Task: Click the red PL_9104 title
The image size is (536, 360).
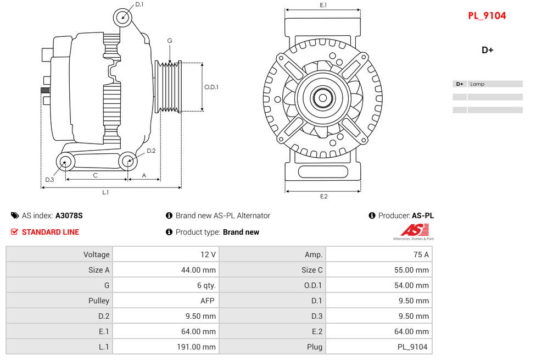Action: (487, 16)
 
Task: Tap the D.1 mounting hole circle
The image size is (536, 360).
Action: (123, 17)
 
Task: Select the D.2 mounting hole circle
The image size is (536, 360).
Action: (128, 161)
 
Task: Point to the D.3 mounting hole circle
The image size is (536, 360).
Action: (66, 162)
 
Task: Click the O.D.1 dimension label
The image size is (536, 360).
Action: (211, 87)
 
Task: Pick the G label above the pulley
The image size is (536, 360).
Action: (170, 41)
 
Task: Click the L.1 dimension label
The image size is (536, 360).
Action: (105, 192)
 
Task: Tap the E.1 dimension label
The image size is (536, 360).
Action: (323, 5)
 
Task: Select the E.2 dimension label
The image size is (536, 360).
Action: (323, 196)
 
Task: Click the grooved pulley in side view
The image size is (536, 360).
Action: (169, 87)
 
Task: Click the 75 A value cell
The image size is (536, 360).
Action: (378, 254)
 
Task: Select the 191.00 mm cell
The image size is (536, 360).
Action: (165, 347)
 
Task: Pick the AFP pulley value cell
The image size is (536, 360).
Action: (165, 301)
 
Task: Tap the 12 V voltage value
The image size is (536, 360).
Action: (165, 254)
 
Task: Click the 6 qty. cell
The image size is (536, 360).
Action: (165, 285)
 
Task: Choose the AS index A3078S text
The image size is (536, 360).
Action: (69, 215)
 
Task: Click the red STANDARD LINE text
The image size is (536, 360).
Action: (50, 232)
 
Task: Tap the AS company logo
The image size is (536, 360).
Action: (412, 231)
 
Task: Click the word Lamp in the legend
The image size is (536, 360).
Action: (477, 84)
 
